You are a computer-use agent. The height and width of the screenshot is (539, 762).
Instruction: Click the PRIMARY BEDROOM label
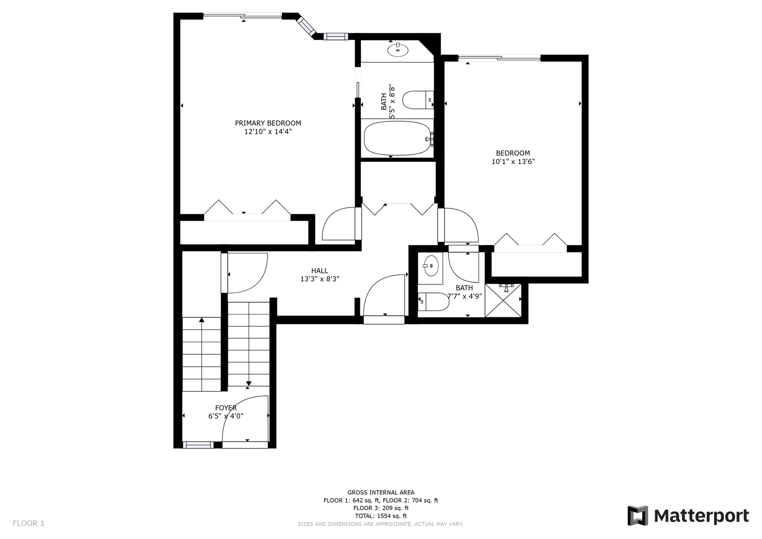click(267, 123)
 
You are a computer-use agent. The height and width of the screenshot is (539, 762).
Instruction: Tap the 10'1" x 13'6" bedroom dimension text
click(513, 162)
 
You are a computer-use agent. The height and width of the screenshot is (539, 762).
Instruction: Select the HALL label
click(319, 271)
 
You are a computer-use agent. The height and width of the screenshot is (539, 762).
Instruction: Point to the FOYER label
click(226, 408)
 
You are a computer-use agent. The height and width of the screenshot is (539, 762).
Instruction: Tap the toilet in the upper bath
click(418, 100)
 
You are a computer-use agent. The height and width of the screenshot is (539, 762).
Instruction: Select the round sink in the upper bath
click(398, 50)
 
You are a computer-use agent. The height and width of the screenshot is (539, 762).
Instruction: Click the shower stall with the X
click(503, 300)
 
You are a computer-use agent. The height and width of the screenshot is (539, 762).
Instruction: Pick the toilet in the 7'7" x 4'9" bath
click(433, 302)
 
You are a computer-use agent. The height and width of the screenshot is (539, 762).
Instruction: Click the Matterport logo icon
click(637, 516)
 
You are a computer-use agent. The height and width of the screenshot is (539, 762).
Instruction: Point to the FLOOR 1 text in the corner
click(28, 523)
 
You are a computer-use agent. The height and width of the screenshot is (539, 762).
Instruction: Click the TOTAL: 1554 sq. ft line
click(381, 516)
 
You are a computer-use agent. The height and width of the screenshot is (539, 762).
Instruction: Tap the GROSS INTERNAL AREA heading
click(381, 493)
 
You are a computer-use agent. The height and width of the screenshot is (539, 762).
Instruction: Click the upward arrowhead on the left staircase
click(202, 320)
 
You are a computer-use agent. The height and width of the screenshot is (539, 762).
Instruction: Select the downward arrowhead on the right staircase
click(249, 383)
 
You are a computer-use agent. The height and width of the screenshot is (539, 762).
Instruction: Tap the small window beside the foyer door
click(198, 445)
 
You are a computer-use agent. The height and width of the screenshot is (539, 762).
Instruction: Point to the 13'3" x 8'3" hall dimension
click(319, 279)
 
